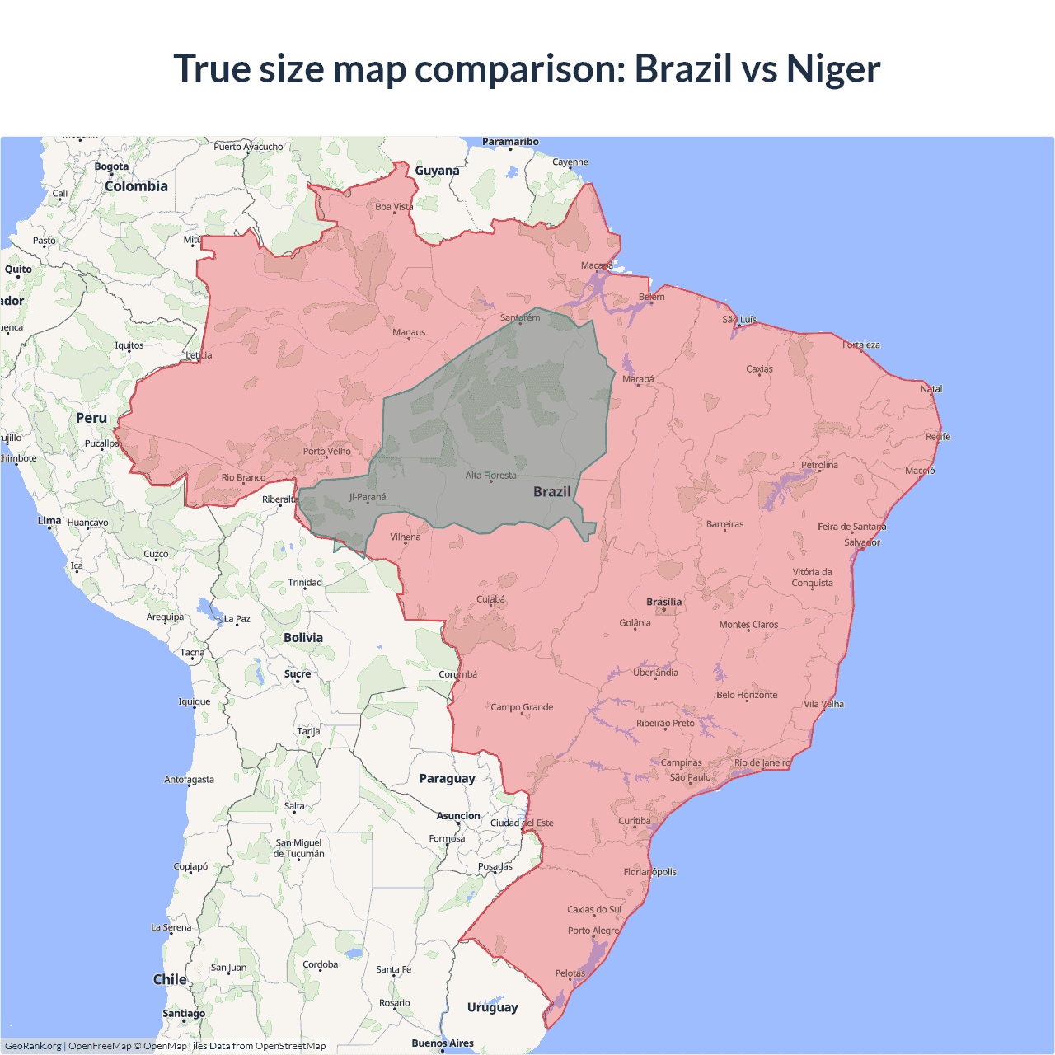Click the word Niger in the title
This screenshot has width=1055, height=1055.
click(832, 69)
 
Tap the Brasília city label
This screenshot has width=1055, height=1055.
click(663, 602)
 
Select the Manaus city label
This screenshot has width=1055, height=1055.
click(409, 332)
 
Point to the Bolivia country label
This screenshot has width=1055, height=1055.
click(303, 637)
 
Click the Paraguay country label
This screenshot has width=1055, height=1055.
click(447, 778)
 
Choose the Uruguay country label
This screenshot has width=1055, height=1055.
click(492, 1007)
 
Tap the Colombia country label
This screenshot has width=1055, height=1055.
click(136, 186)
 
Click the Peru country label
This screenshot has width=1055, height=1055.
click(91, 418)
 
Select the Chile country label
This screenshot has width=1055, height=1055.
click(170, 979)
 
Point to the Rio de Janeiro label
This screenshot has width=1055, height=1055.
click(762, 762)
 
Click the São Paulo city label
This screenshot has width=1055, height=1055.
click(690, 777)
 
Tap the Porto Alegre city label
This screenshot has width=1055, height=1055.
click(593, 931)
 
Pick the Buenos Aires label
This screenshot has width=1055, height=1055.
click(443, 1043)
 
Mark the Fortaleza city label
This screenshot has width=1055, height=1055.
click(860, 345)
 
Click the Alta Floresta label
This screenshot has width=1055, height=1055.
click(490, 476)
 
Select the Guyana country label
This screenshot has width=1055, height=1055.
click(437, 171)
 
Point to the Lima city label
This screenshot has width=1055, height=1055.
click(49, 520)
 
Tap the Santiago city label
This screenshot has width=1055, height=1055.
click(184, 1013)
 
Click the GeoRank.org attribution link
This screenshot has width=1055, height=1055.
click(33, 1046)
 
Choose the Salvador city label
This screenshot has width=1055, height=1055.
click(861, 542)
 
